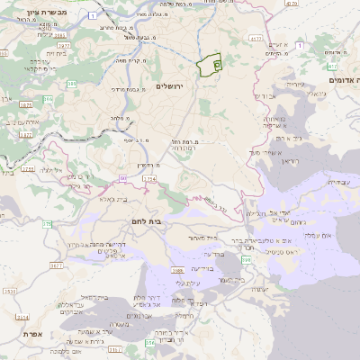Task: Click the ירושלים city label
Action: pyautogui.click(x=168, y=85)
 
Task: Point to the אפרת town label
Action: pyautogui.click(x=47, y=334)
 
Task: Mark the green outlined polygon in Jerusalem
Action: pyautogui.click(x=210, y=67)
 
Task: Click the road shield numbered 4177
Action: pyautogui.click(x=255, y=40)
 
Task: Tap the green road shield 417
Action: pyautogui.click(x=332, y=66)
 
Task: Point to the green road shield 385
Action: pyautogui.click(x=47, y=99)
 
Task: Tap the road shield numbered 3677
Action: pyautogui.click(x=56, y=265)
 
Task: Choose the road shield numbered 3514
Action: pyautogui.click(x=23, y=317)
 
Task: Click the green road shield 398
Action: pyautogui.click(x=245, y=259)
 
